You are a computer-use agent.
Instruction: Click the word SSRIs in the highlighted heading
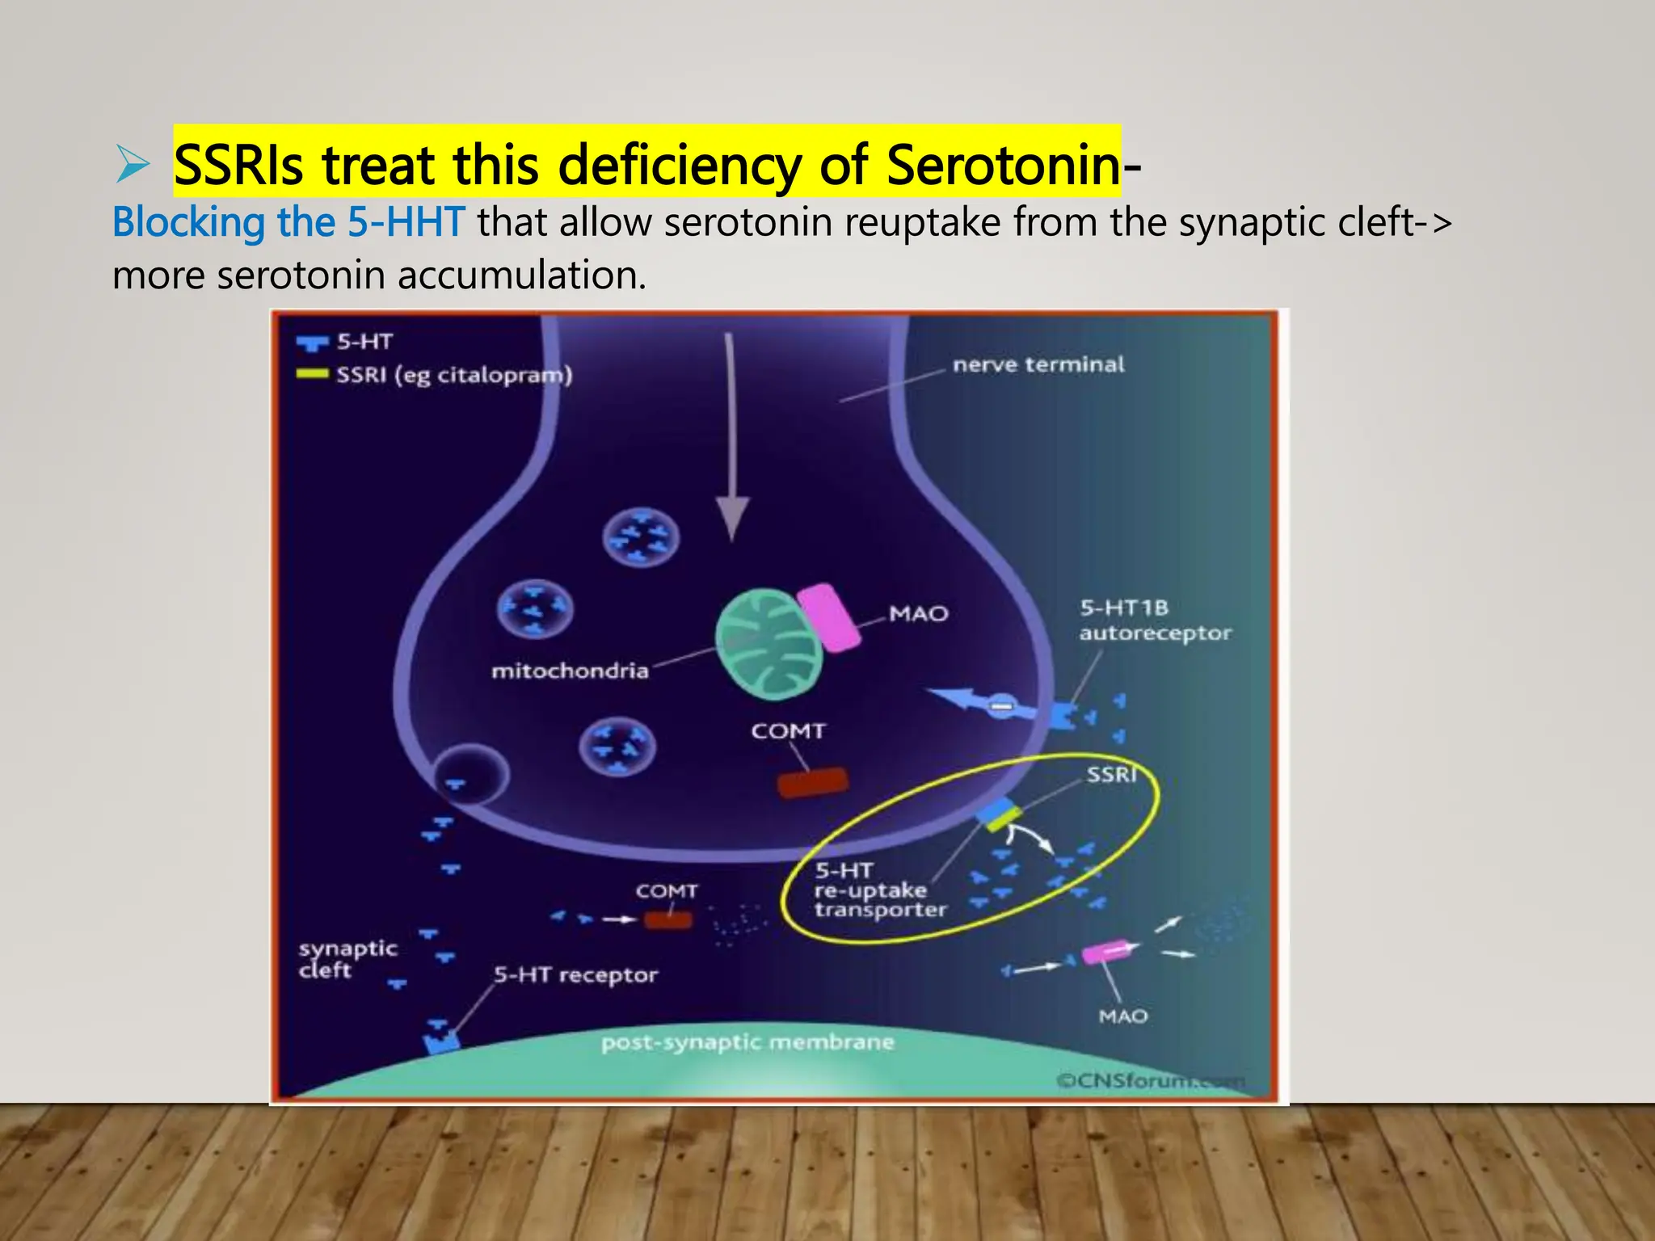(x=238, y=165)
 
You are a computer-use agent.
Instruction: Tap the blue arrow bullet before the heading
(x=133, y=164)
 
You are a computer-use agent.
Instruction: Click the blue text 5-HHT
(x=406, y=222)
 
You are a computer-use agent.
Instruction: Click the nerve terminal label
(x=1038, y=364)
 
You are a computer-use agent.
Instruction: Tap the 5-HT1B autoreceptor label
(x=1154, y=620)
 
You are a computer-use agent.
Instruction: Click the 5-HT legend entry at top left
(x=364, y=342)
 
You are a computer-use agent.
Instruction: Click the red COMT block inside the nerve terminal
(x=812, y=782)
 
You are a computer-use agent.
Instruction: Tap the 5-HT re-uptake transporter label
(x=879, y=890)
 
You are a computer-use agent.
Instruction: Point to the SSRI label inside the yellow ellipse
(x=1111, y=775)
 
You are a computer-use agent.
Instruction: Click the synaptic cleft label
(x=347, y=959)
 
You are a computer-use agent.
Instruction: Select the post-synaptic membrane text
(x=747, y=1042)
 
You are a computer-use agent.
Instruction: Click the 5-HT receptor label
(x=575, y=975)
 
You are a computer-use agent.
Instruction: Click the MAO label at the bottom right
(x=1122, y=1016)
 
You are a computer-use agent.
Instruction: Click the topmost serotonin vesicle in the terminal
(x=641, y=537)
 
